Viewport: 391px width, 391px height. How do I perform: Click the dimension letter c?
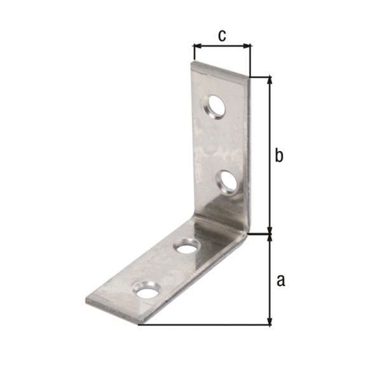[222, 36]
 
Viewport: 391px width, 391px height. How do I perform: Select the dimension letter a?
[280, 280]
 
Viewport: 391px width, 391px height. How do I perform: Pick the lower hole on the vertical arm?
[228, 183]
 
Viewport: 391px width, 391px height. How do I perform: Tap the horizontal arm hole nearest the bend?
[187, 245]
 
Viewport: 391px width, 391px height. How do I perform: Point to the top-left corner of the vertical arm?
[193, 62]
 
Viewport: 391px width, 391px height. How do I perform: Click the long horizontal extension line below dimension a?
[203, 326]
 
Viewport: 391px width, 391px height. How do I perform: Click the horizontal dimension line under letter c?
[222, 46]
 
